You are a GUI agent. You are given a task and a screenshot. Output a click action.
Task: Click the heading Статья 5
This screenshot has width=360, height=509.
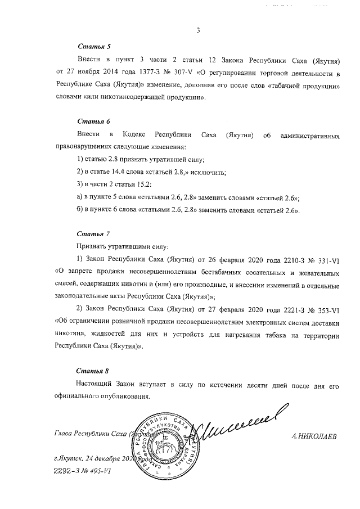tap(90, 46)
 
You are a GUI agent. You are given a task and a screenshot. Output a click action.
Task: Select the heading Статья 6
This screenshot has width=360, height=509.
tap(90, 121)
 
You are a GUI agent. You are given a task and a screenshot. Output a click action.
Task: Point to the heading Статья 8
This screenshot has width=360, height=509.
tap(90, 371)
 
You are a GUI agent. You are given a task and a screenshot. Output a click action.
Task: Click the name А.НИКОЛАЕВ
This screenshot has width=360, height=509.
tap(314, 435)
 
